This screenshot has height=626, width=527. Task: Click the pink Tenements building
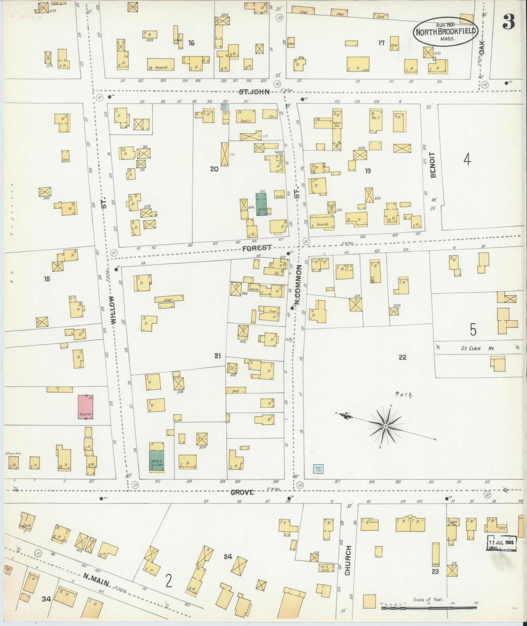click(x=85, y=407)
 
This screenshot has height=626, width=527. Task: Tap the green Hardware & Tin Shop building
click(x=156, y=461)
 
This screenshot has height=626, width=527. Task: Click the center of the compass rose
click(x=385, y=426)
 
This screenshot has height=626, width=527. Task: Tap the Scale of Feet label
click(x=428, y=600)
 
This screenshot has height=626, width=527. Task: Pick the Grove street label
click(x=242, y=492)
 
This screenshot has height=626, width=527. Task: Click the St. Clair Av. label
click(x=477, y=348)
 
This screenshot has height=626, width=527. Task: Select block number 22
click(x=402, y=357)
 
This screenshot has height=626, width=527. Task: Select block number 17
click(x=381, y=43)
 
